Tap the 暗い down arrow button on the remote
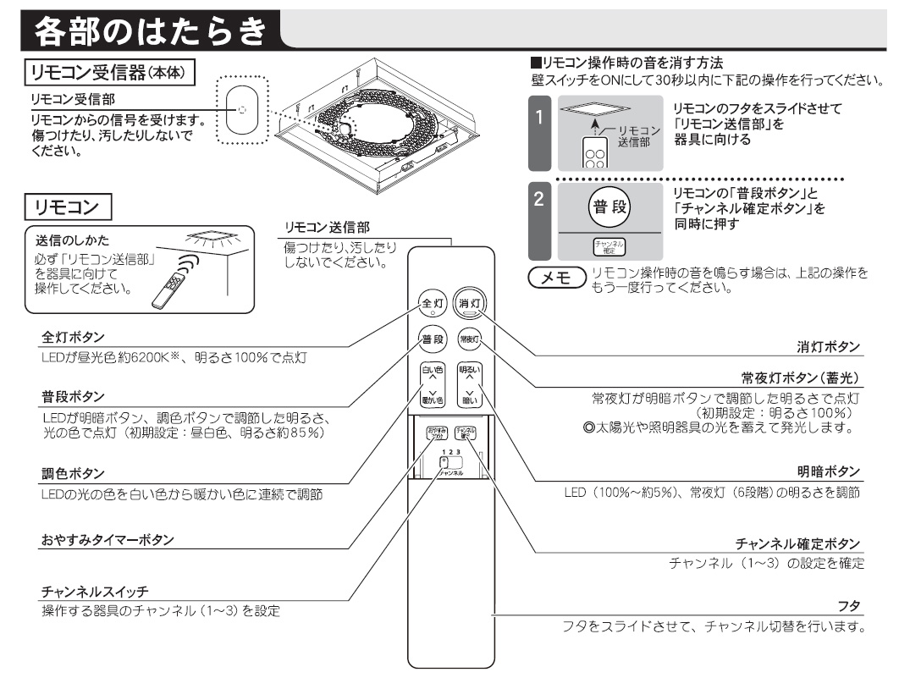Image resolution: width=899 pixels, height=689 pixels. click(468, 396)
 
